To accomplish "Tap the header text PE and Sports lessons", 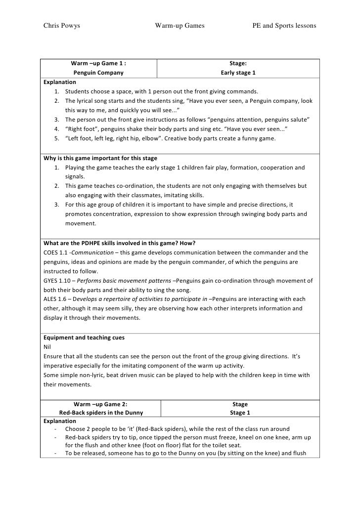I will tap(284, 25).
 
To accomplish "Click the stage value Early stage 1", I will tap(238, 73).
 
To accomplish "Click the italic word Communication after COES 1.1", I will tap(95, 252).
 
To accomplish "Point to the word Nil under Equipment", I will tap(47, 346).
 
